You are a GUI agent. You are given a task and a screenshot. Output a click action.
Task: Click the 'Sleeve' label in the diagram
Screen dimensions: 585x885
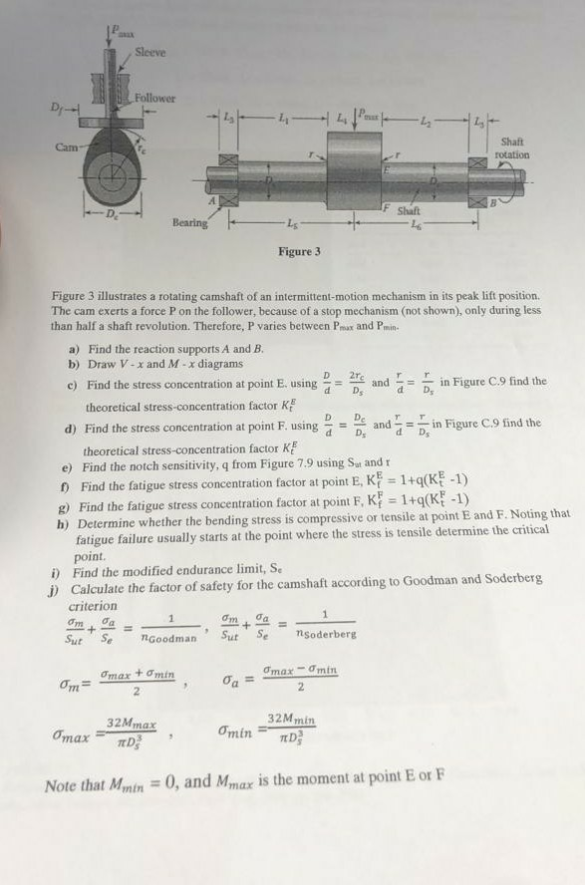click(x=150, y=51)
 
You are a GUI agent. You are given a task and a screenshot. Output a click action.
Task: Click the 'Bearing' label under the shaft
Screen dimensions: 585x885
click(x=188, y=223)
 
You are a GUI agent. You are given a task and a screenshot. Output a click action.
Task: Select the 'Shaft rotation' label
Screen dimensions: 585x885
click(x=512, y=148)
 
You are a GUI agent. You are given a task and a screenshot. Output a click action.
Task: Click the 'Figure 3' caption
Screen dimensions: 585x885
click(x=299, y=251)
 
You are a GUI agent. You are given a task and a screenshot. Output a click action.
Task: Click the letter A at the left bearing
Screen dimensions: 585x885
click(x=211, y=200)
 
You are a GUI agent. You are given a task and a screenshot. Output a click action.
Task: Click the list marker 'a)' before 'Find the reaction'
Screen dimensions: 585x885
click(x=75, y=350)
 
